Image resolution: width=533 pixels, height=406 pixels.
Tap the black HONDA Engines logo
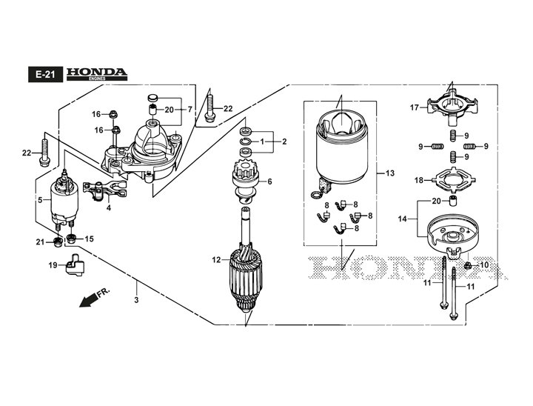click(97, 73)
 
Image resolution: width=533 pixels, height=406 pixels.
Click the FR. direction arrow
click(93, 298)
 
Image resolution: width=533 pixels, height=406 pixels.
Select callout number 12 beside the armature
click(216, 259)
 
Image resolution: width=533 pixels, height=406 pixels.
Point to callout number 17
click(415, 107)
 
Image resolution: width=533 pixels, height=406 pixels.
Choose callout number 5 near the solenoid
click(40, 200)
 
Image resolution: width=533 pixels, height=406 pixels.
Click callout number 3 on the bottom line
click(135, 300)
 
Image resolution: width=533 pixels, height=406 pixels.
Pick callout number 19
click(53, 264)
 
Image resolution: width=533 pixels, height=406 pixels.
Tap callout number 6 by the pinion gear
click(269, 182)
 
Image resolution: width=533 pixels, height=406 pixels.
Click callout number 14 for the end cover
click(403, 219)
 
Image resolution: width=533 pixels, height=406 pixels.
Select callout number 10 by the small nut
click(485, 264)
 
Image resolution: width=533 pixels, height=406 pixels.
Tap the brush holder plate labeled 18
click(450, 179)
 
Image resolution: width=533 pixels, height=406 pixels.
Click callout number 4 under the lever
click(109, 208)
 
